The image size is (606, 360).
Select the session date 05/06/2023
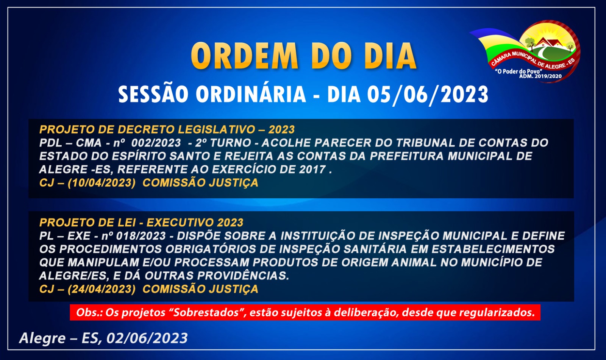coord(428,94)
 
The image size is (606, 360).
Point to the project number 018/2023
coord(141,236)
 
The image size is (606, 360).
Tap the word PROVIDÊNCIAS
coord(243,275)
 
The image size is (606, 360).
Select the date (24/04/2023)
coord(102,289)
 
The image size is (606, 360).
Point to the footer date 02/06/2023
coord(147,338)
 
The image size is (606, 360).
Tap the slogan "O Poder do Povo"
coord(519,72)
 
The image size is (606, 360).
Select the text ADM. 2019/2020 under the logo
coord(540,76)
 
